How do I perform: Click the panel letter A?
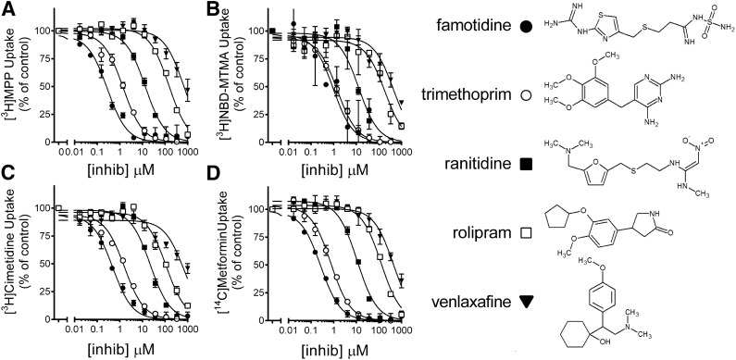[8, 8]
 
